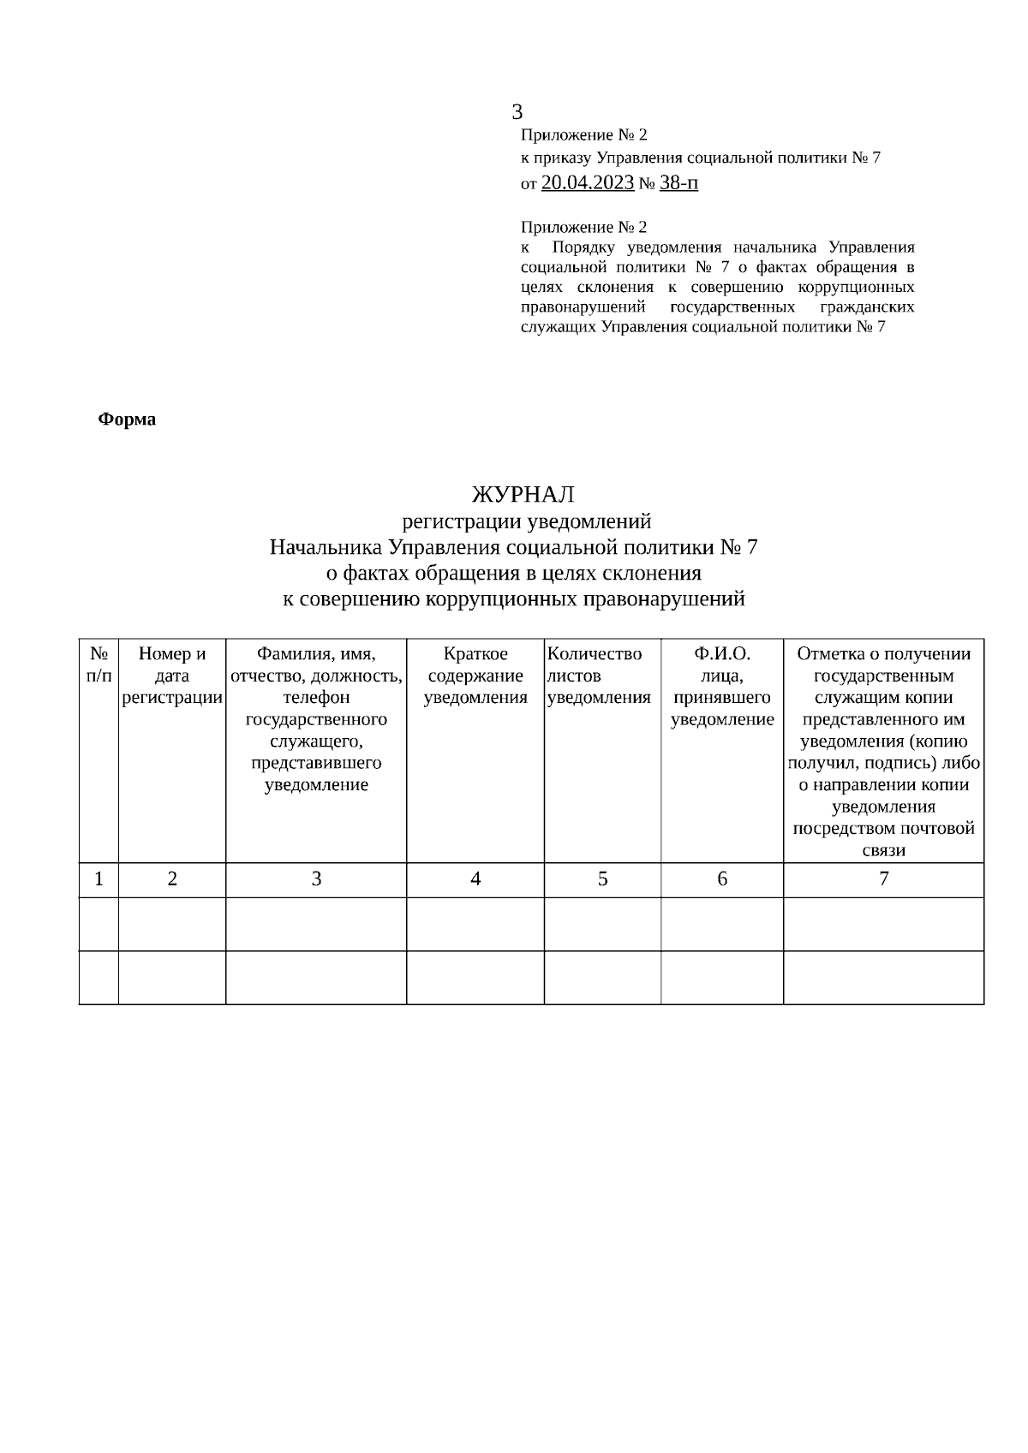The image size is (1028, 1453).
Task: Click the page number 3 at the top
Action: click(x=517, y=112)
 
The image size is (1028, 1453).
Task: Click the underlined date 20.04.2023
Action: click(x=587, y=182)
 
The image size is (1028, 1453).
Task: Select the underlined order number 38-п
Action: click(x=678, y=182)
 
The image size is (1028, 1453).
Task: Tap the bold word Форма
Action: click(x=127, y=420)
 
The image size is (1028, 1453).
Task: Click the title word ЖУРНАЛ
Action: click(x=523, y=495)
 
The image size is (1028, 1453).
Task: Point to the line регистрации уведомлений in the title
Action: click(x=527, y=521)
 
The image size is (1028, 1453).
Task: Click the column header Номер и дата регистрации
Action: click(x=172, y=676)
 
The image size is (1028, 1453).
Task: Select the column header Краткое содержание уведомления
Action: click(x=475, y=676)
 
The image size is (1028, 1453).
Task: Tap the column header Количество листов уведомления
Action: click(x=599, y=676)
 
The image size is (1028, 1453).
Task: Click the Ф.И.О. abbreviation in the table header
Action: click(x=722, y=654)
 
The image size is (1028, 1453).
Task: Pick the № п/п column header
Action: click(x=99, y=664)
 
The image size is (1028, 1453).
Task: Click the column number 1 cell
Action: click(x=99, y=878)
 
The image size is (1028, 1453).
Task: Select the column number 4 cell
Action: click(x=475, y=878)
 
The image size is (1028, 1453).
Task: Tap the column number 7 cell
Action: click(x=883, y=878)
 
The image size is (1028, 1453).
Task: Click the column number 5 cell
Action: click(x=602, y=878)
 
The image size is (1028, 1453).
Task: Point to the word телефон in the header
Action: click(x=316, y=698)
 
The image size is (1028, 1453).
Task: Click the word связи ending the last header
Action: click(x=883, y=850)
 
